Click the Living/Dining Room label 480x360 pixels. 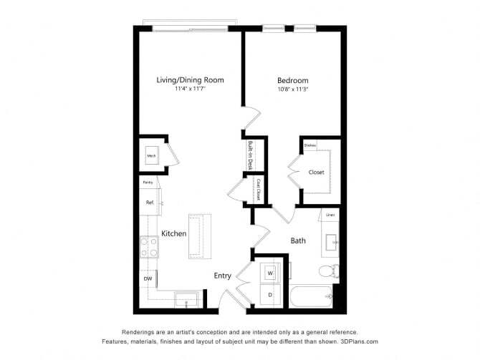click(190, 80)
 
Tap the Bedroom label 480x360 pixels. click(292, 80)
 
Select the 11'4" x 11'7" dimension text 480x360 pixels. click(190, 89)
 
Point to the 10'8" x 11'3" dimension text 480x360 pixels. click(292, 89)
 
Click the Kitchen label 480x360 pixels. click(173, 234)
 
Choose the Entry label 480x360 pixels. click(222, 276)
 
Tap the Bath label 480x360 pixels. click(298, 240)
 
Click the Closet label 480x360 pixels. click(316, 172)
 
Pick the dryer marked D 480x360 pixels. click(270, 295)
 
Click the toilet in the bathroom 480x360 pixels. click(327, 271)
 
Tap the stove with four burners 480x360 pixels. click(149, 247)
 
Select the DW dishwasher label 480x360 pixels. click(148, 278)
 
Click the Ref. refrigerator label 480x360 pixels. click(150, 203)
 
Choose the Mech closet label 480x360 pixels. click(152, 155)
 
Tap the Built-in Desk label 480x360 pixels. click(251, 154)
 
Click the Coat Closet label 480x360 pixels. click(257, 190)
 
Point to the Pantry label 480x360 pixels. click(148, 183)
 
